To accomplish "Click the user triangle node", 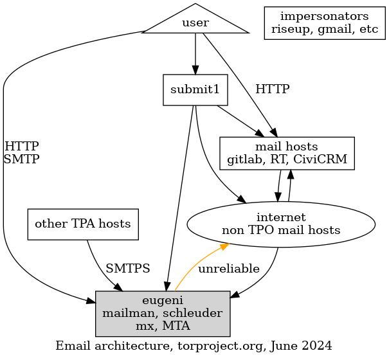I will [x=195, y=23].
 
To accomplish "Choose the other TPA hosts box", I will [x=83, y=224].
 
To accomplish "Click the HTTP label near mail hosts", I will [x=272, y=89].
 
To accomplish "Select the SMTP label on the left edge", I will [x=21, y=159].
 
